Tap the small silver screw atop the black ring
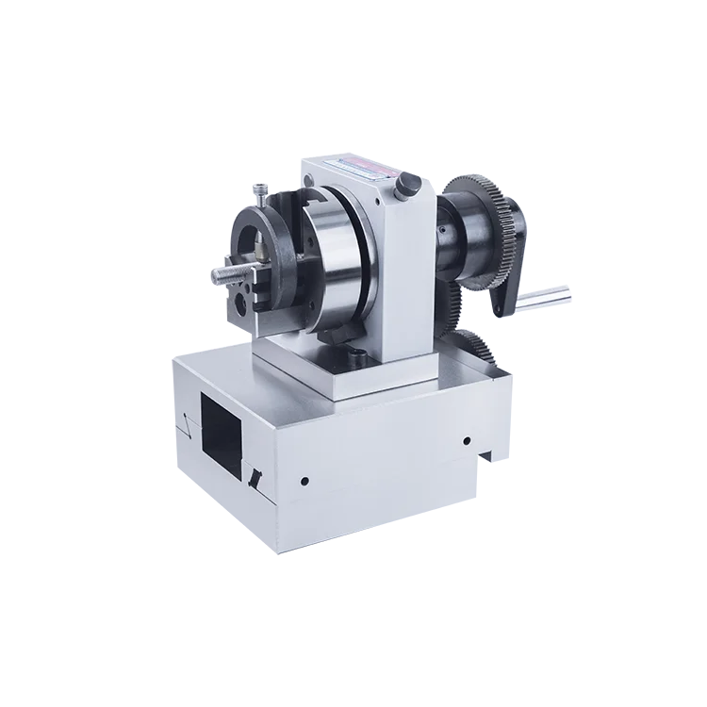tap(256, 193)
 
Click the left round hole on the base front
tap(303, 481)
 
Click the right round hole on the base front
tap(466, 439)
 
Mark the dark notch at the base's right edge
tap(485, 458)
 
